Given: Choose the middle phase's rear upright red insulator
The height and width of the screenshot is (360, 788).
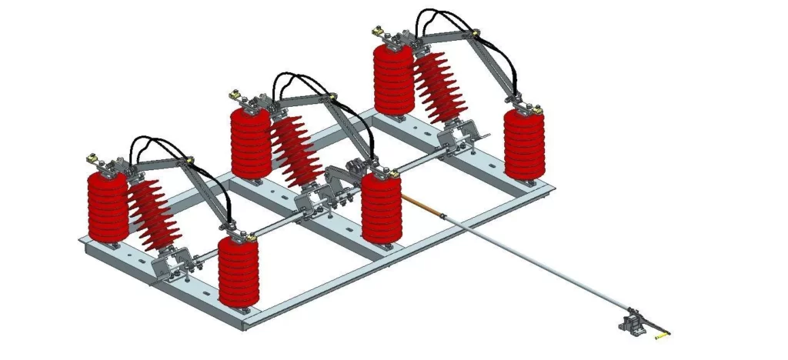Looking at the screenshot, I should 250,143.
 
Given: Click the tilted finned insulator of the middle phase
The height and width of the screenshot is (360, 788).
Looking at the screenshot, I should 295,150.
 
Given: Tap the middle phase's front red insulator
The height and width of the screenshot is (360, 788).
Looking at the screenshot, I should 381,208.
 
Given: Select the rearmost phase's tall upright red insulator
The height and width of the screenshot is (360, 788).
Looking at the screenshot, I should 394,80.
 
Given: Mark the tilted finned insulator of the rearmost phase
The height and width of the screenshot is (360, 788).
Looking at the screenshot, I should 439,88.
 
